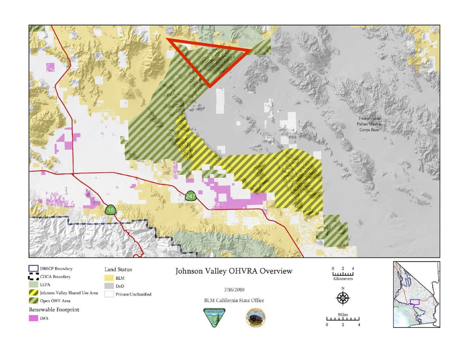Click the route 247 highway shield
[190, 196]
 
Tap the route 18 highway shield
[111, 210]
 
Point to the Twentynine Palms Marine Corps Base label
[369, 124]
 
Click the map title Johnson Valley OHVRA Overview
[233, 271]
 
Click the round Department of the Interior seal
[256, 318]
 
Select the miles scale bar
[343, 319]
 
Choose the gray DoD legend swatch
[109, 286]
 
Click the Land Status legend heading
[118, 269]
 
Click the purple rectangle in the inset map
[415, 302]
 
